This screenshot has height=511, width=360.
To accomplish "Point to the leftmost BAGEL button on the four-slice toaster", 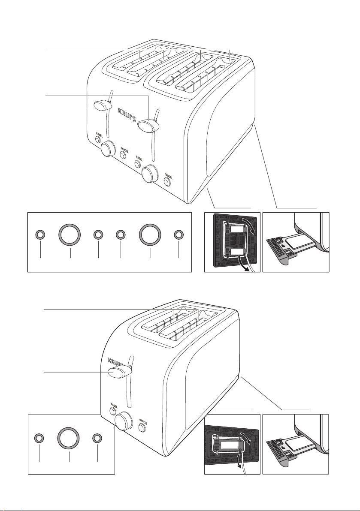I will point(98,139).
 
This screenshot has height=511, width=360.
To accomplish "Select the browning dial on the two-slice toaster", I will point(124,421).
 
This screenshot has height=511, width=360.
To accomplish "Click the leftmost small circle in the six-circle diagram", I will point(39,234).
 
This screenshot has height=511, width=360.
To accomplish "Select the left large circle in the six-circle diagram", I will point(70,234).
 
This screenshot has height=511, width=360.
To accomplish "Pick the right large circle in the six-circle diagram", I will point(151,234).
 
